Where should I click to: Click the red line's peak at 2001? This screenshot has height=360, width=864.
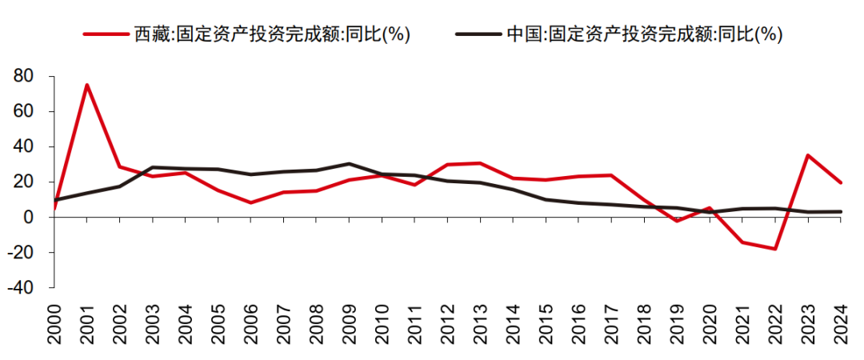(86, 85)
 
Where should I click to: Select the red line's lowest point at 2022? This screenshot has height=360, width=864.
(775, 249)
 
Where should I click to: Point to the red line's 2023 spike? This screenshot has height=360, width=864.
(808, 155)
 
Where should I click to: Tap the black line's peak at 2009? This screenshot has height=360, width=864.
(349, 163)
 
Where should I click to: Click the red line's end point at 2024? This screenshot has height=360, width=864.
(841, 182)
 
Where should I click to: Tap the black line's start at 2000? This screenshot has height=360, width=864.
(54, 200)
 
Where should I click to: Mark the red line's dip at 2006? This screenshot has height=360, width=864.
(250, 202)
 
